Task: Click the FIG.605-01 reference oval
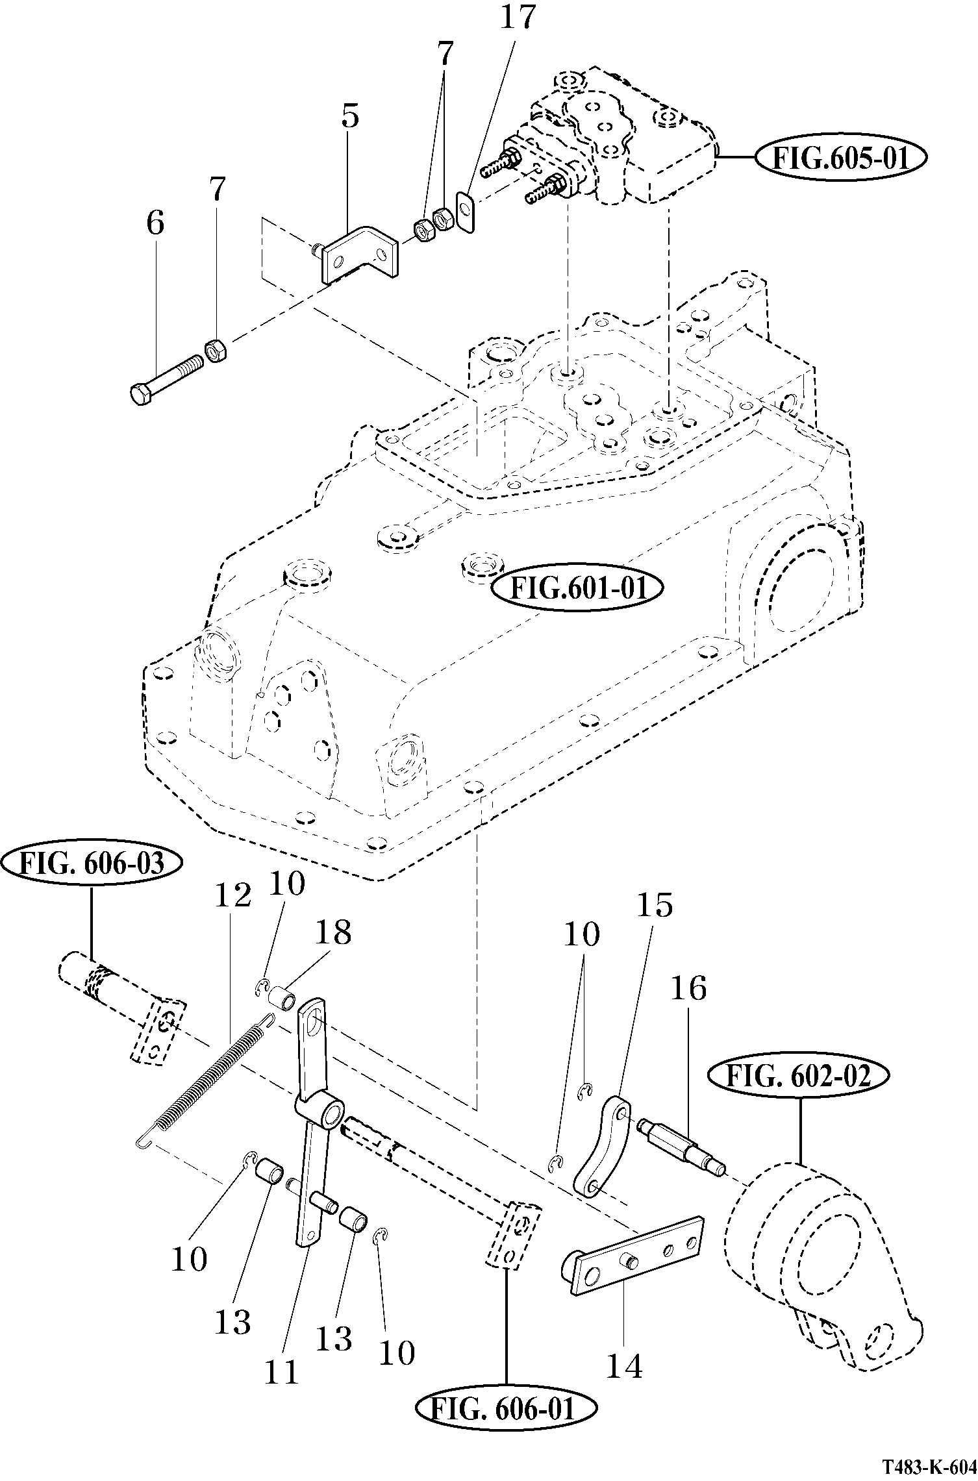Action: (x=841, y=158)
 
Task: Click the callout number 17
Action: (x=517, y=19)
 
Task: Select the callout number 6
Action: (x=155, y=223)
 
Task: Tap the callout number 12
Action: (x=232, y=897)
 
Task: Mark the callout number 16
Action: (x=688, y=989)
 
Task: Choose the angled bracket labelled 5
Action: (x=361, y=255)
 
